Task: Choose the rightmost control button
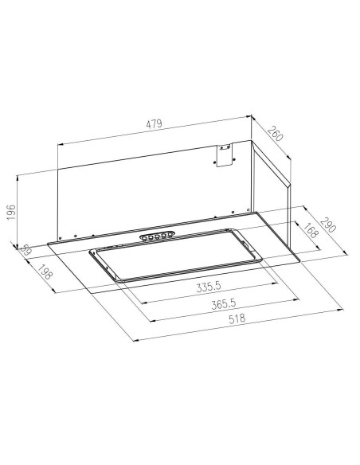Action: [x=170, y=234]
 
